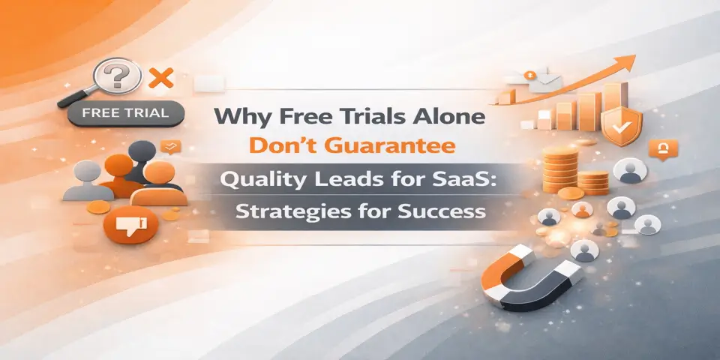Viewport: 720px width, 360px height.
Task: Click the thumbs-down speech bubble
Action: [132, 223]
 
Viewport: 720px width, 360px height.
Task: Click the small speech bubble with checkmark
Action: [171, 146]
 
